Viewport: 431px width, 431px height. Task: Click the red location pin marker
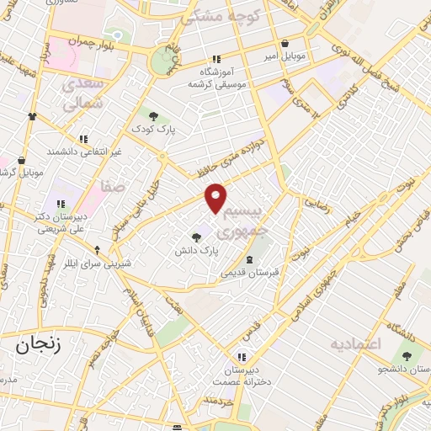pos(216,197)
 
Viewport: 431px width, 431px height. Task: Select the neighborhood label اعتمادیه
pos(354,343)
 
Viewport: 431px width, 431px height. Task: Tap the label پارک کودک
pos(152,130)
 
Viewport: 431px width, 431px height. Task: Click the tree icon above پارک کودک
pos(152,116)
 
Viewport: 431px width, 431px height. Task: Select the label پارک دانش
pos(196,250)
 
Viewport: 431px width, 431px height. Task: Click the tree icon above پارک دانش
pos(196,237)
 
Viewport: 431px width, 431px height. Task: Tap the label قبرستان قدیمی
pos(249,273)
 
